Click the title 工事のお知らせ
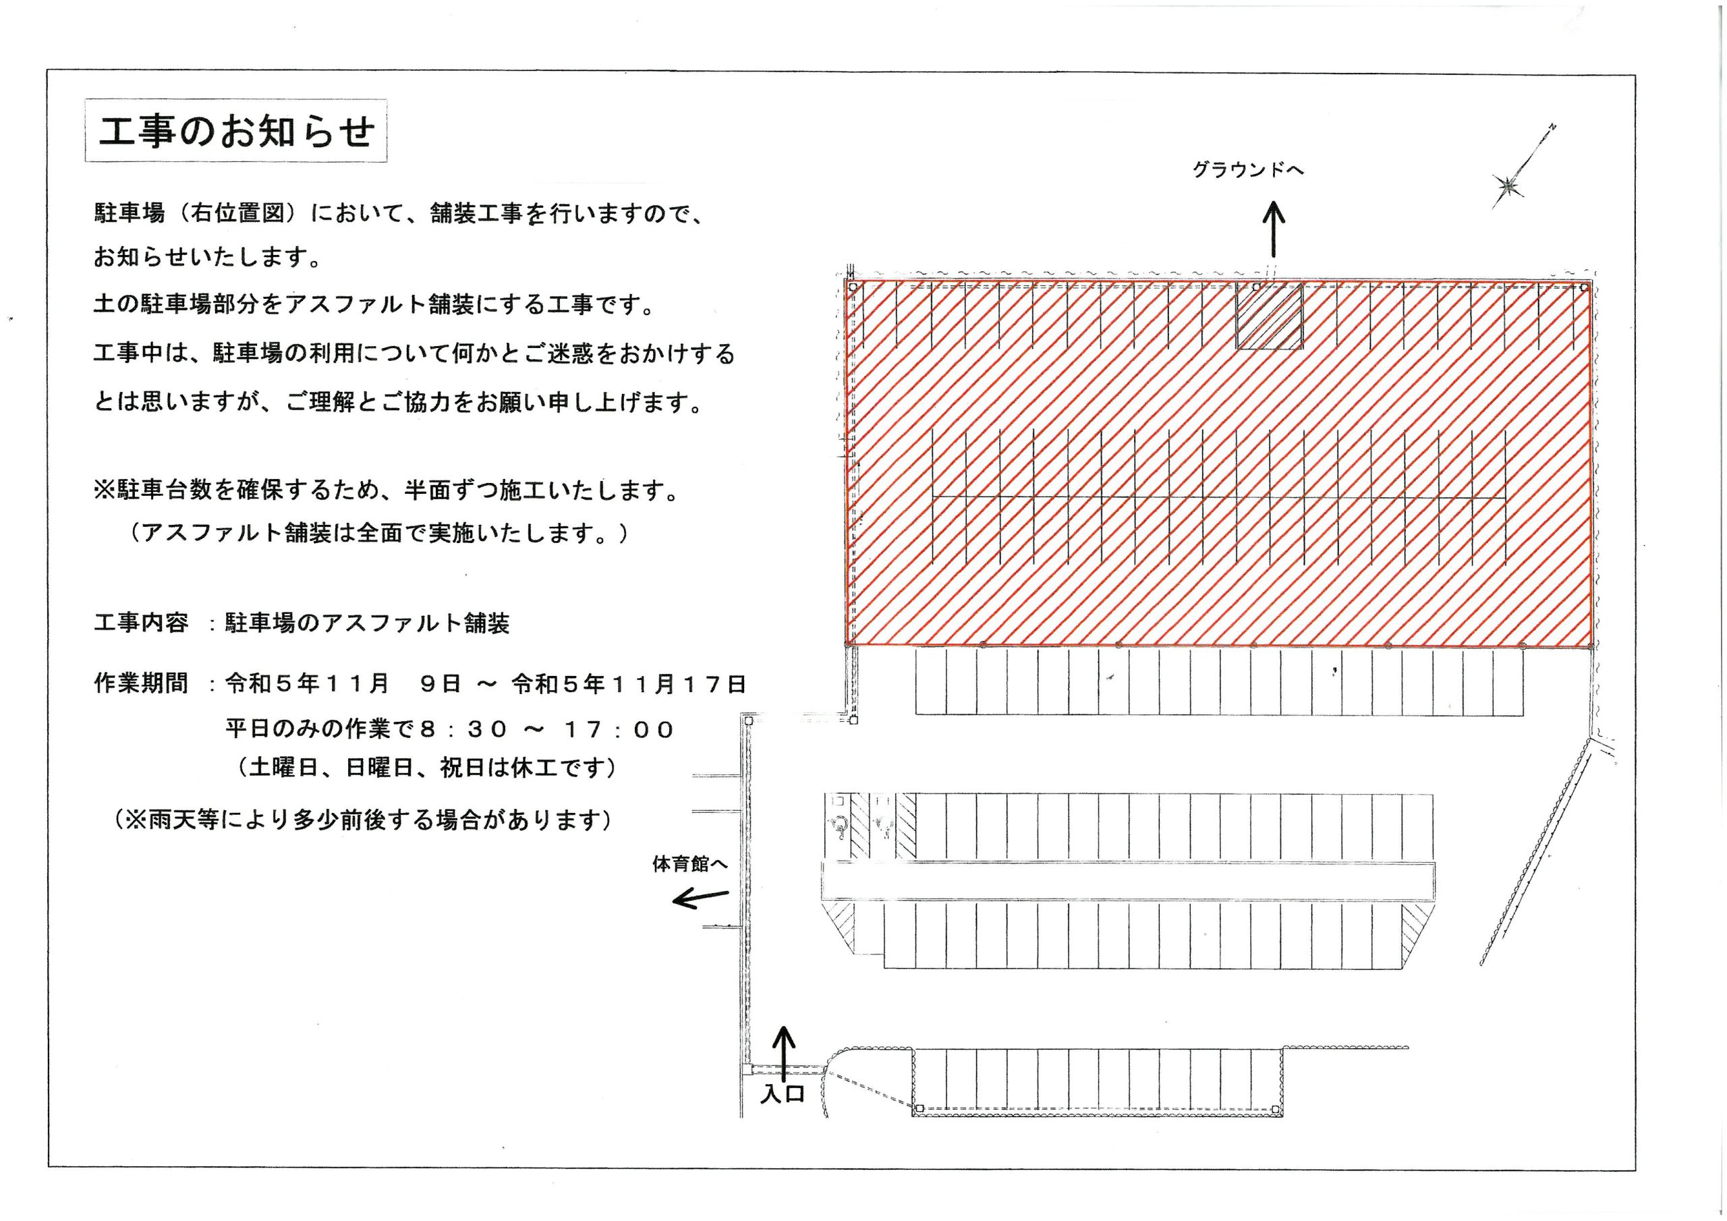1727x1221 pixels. point(236,132)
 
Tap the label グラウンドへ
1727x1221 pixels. point(1249,170)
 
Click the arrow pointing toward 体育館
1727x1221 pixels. point(700,897)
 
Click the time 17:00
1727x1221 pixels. point(619,730)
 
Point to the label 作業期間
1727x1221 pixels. point(141,683)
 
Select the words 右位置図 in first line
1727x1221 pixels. point(238,214)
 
